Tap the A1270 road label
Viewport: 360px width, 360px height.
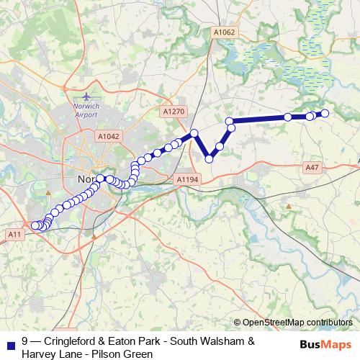pyautogui.click(x=174, y=112)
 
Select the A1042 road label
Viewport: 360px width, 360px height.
pyautogui.click(x=108, y=135)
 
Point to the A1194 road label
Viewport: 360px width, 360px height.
pyautogui.click(x=186, y=179)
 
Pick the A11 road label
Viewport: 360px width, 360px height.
pyautogui.click(x=15, y=234)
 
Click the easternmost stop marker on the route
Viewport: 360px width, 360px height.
pyautogui.click(x=325, y=113)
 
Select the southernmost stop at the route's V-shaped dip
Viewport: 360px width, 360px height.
pyautogui.click(x=210, y=159)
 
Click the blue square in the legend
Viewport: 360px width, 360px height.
pyautogui.click(x=9, y=342)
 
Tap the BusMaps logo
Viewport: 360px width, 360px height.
pyautogui.click(x=325, y=344)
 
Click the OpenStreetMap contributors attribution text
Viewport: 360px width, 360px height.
pyautogui.click(x=297, y=323)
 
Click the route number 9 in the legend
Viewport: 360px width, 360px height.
pyautogui.click(x=25, y=341)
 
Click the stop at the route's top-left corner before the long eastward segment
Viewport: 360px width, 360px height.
pyautogui.click(x=230, y=121)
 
